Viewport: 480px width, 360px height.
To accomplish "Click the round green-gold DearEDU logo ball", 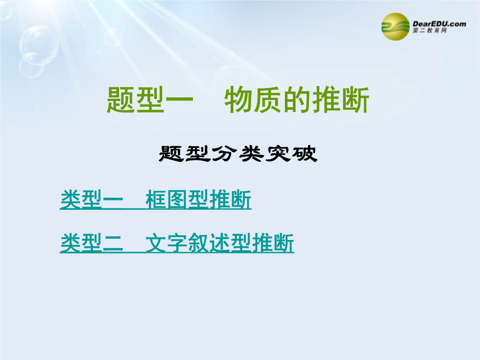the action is pos(395,27).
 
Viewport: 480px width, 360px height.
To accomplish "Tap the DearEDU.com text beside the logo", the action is pos(439,24).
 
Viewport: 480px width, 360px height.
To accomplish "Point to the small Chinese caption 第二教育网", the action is pos(429,30).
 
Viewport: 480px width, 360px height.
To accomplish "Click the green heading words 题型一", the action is pos(150,100).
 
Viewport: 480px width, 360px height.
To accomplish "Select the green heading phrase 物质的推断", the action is pos(296,100).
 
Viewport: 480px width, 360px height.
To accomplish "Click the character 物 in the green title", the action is pos(239,100).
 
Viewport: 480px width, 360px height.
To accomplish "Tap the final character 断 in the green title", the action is pos(355,100).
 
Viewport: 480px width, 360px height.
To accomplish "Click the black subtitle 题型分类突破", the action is pos(238,153).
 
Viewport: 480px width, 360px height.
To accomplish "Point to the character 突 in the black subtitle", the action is pos(277,153).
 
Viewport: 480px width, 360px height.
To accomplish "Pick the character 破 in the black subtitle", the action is pos(304,153).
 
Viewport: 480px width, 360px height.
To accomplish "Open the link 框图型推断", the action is pos(198,200).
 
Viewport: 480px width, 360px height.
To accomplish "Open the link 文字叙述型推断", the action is pos(220,243).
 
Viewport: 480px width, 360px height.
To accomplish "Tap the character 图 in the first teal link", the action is pos(177,200).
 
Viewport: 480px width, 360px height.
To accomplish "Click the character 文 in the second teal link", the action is pos(156,243).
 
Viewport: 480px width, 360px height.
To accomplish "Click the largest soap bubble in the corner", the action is pos(39,45).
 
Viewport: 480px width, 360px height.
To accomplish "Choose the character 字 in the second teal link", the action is pos(177,243).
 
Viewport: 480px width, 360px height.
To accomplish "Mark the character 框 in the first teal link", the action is pos(156,200).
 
